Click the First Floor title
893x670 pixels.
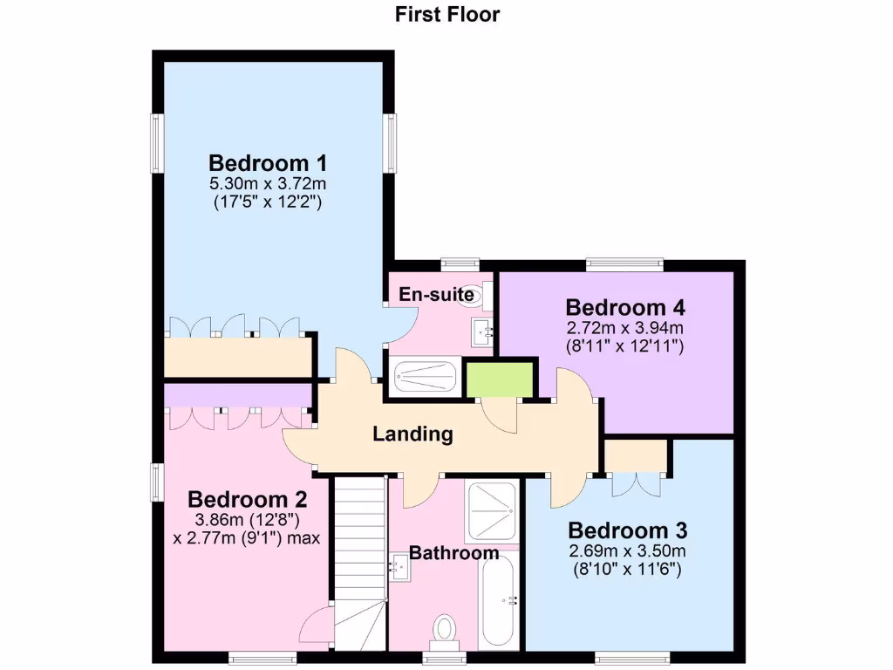pyautogui.click(x=447, y=14)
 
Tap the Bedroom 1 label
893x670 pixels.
pyautogui.click(x=268, y=163)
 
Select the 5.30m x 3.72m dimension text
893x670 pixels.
pyautogui.click(x=268, y=184)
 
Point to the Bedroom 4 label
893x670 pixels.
pyautogui.click(x=625, y=308)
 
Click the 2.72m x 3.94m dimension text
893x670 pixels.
pyautogui.click(x=625, y=329)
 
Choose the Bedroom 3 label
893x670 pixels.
pyautogui.click(x=628, y=530)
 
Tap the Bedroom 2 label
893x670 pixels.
pyautogui.click(x=248, y=500)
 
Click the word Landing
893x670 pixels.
pyautogui.click(x=412, y=434)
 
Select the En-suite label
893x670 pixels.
pyautogui.click(x=436, y=295)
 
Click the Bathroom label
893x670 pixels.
pyautogui.click(x=453, y=553)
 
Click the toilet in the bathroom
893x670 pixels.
pyautogui.click(x=445, y=630)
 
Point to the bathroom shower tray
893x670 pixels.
pyautogui.click(x=492, y=510)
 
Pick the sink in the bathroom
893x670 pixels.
pyautogui.click(x=401, y=567)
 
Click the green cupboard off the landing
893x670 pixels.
pyautogui.click(x=499, y=379)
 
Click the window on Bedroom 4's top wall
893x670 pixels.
pyautogui.click(x=624, y=262)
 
